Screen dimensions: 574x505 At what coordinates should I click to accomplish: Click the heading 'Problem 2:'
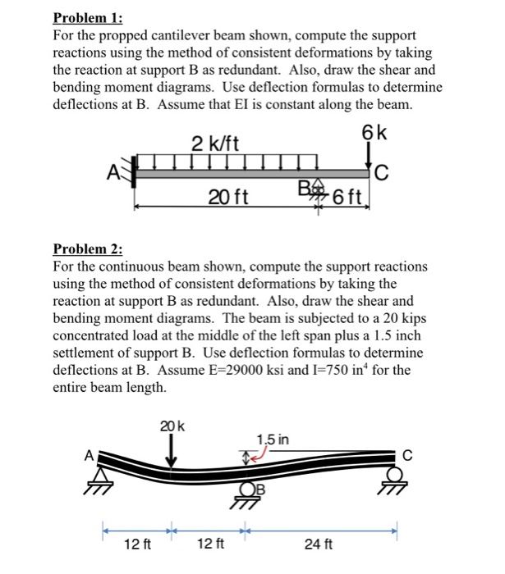86,249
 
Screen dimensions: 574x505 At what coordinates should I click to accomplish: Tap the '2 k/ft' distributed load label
215,143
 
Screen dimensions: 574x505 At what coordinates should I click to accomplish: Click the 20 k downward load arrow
172,450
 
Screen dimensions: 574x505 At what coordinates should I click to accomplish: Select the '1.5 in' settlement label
272,440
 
